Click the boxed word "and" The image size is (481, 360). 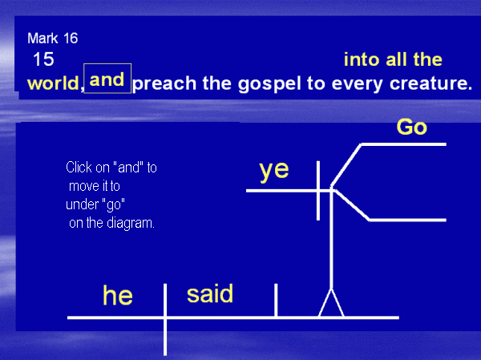click(107, 79)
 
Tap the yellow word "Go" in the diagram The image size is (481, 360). click(412, 127)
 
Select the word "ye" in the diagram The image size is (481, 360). click(274, 170)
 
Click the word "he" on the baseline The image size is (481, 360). click(118, 295)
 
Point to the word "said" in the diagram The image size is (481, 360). click(210, 293)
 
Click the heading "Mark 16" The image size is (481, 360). click(52, 38)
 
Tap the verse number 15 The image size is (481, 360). click(43, 59)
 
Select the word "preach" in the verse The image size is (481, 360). click(164, 83)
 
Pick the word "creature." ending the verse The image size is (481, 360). click(430, 83)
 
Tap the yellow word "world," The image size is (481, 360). click(55, 83)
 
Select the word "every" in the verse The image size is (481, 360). click(357, 83)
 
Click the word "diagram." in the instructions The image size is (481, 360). click(131, 224)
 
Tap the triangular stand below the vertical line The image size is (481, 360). click(331, 302)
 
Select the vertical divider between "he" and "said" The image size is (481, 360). click(165, 319)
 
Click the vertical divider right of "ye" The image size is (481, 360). click(318, 191)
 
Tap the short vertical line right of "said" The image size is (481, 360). click(276, 300)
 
